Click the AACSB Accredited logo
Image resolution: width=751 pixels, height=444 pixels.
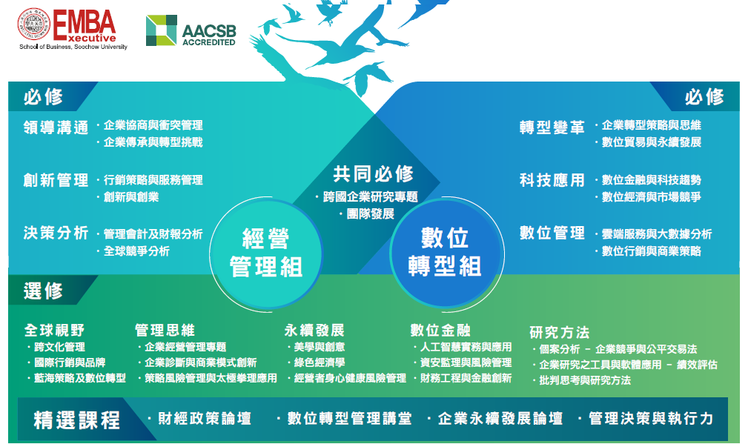click(x=191, y=30)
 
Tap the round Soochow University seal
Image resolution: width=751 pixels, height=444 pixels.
click(x=34, y=24)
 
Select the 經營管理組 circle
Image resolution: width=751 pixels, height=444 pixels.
click(x=266, y=254)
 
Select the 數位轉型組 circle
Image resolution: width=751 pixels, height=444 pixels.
click(x=446, y=253)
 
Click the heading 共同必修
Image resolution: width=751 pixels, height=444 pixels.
click(x=373, y=174)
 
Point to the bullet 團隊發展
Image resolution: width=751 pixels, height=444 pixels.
click(x=370, y=213)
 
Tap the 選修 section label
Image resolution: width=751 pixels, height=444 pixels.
click(x=44, y=291)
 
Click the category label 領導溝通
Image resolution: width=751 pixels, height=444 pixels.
click(x=56, y=127)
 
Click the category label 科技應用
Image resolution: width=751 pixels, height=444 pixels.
click(x=552, y=180)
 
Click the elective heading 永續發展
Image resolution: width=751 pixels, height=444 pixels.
click(x=314, y=330)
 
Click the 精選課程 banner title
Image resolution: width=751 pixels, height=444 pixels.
click(x=76, y=420)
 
